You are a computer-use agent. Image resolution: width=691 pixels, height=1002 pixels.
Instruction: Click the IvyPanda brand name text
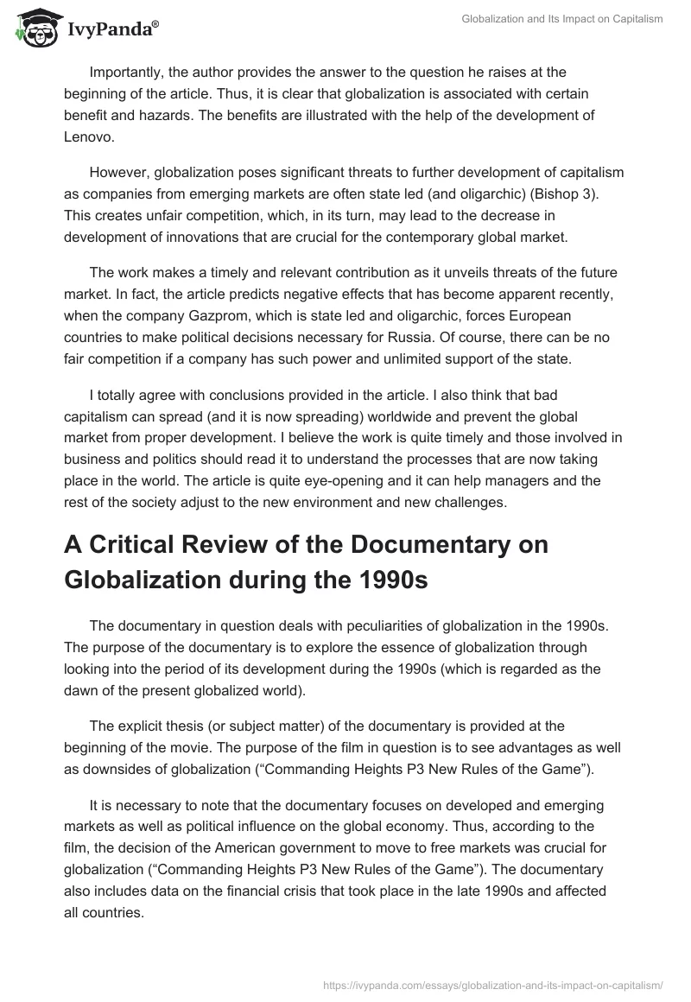coord(112,29)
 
